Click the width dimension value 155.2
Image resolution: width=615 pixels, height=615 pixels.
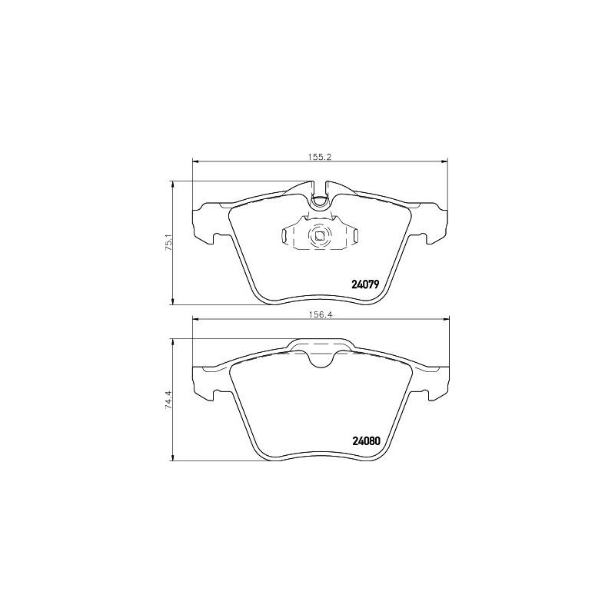point(318,156)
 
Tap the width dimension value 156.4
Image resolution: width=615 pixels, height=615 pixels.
point(318,314)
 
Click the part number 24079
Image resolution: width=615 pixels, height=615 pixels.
point(366,284)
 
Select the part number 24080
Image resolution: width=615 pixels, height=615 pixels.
point(366,441)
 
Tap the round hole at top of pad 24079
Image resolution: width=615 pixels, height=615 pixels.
point(320,201)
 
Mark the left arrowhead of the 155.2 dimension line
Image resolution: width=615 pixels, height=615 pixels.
point(194,161)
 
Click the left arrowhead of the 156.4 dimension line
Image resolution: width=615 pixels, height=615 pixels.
point(194,320)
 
